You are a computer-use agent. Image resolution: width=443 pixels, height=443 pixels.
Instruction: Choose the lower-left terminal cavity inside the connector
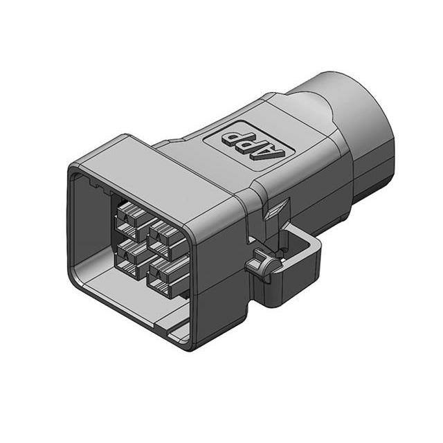129,253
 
